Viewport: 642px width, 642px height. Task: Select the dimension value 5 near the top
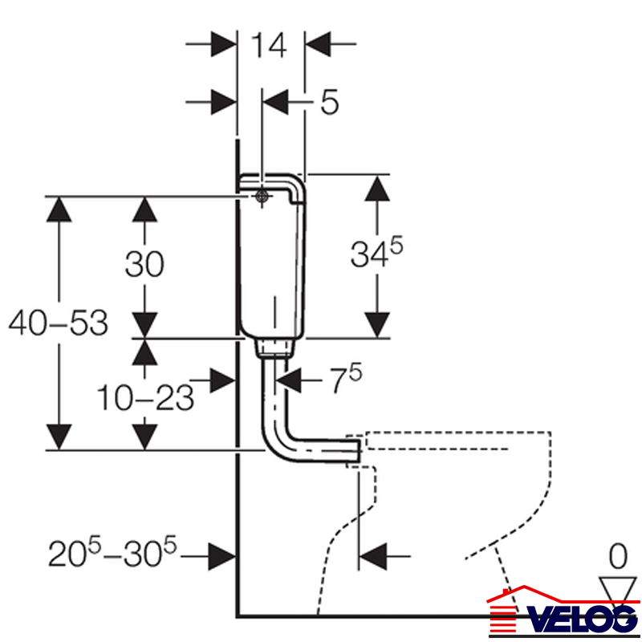(x=328, y=102)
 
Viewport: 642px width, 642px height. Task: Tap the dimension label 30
(x=144, y=264)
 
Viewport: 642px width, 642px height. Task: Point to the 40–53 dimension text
(x=58, y=323)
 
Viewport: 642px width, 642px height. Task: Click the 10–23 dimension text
(x=145, y=396)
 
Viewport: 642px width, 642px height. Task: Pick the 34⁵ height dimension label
(x=376, y=254)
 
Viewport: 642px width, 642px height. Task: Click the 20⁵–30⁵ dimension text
(x=112, y=553)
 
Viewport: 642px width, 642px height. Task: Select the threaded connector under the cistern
(x=274, y=347)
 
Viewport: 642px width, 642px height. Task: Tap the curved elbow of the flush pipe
(x=277, y=445)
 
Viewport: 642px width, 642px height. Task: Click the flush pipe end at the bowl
(x=353, y=450)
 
